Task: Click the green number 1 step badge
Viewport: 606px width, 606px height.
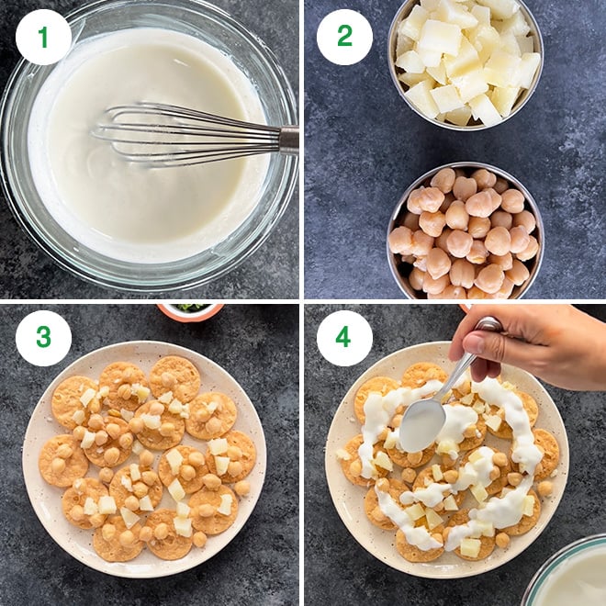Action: tap(43, 37)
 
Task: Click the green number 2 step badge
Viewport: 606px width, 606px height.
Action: tap(344, 37)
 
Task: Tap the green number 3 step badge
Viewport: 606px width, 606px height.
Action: tap(43, 338)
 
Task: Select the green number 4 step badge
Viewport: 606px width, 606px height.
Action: tap(344, 338)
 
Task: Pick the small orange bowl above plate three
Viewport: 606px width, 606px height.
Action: tap(189, 310)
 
